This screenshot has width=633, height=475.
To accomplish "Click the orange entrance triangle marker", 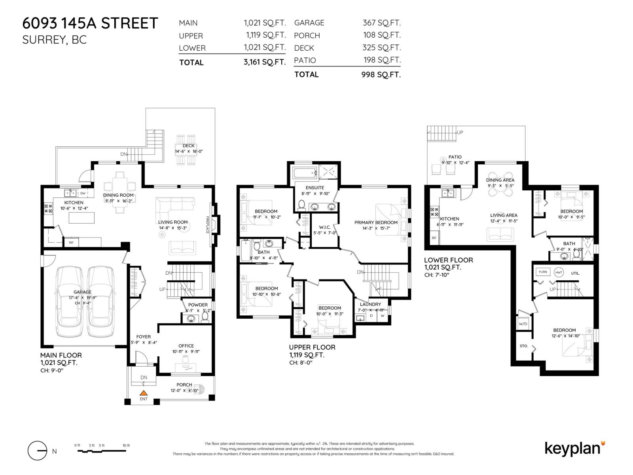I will (144, 393).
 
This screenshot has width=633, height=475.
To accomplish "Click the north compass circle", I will (37, 451).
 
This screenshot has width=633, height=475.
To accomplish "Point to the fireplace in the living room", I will (215, 225).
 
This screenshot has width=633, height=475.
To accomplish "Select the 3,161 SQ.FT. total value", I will (264, 62).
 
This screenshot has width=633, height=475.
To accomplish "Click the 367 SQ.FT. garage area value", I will (381, 23).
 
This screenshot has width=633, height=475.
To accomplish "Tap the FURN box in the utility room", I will (543, 272).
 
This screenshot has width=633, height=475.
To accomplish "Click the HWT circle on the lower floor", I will (559, 272).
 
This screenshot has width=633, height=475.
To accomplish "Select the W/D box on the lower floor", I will (523, 323).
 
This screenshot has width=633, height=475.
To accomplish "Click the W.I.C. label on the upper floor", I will (324, 227).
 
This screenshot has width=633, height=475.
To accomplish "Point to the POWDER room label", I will (198, 305).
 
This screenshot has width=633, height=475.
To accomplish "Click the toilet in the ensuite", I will (301, 205).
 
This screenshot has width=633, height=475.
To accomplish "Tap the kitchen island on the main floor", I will (82, 218).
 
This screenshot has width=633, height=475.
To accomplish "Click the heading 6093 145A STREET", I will (90, 23).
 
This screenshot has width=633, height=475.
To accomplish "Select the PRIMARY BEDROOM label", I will (376, 222).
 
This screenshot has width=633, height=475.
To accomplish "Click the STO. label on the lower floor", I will (524, 346).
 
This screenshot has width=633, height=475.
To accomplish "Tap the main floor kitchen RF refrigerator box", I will (71, 242).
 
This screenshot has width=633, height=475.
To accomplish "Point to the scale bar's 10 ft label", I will (126, 445).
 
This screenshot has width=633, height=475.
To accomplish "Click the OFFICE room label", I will (186, 346).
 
